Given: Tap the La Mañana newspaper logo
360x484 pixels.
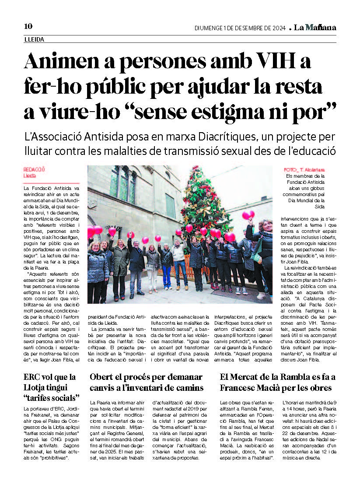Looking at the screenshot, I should (315, 28).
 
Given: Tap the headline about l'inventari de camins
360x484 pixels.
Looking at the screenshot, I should (147, 382).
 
